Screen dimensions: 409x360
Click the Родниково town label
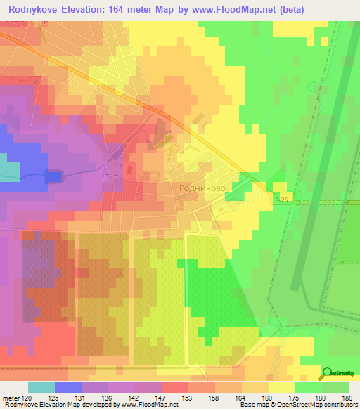pos(202,188)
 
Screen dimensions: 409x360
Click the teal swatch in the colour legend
pos(41,387)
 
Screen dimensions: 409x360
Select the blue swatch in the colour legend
pos(67,387)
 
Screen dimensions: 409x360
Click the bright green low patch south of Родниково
pos(211,295)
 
